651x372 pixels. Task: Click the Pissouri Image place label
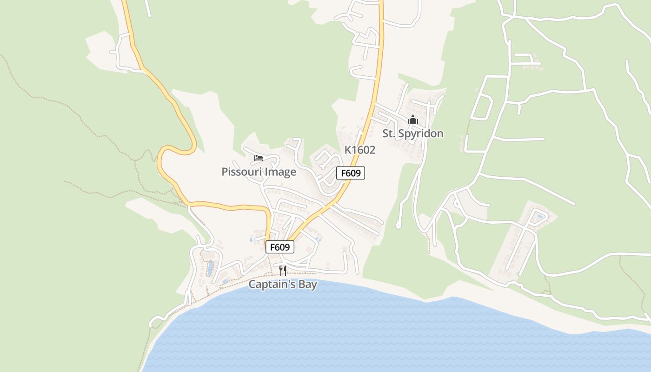click(259, 172)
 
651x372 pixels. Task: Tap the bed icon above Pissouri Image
click(259, 158)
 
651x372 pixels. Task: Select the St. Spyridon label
click(413, 134)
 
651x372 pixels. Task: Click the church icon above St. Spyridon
click(413, 120)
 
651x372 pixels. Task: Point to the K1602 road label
click(359, 150)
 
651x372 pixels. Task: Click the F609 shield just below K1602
click(351, 173)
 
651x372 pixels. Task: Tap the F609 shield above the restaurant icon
click(280, 247)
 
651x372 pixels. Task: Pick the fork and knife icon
click(283, 270)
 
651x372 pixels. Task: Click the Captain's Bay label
click(283, 285)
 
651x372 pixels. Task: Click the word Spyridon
click(421, 134)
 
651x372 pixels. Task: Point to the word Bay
click(308, 285)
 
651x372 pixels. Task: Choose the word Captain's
click(272, 285)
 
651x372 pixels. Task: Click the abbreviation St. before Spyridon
click(389, 134)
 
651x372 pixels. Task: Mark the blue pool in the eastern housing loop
click(539, 217)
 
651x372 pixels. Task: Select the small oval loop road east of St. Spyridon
click(482, 106)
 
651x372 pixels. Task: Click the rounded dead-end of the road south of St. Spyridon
click(399, 226)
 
